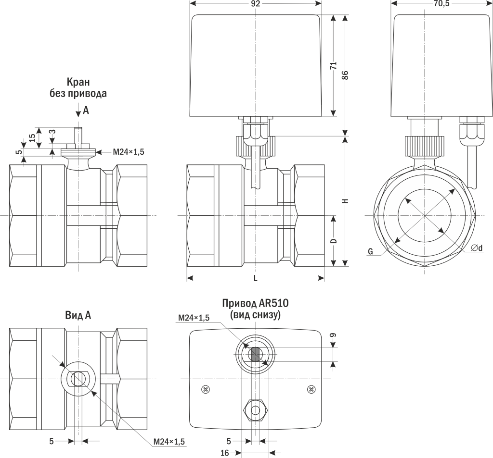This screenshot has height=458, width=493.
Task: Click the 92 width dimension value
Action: click(x=255, y=4)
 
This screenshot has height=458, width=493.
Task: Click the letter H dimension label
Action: click(x=345, y=201)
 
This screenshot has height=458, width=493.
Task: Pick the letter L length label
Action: click(x=255, y=278)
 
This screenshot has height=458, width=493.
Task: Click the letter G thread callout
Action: click(x=370, y=251)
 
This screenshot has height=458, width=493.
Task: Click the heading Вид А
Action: click(x=78, y=315)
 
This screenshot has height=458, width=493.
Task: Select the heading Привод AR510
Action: click(x=255, y=304)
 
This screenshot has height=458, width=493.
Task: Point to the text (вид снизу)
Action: click(x=255, y=315)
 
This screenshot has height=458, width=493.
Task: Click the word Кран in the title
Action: click(x=78, y=82)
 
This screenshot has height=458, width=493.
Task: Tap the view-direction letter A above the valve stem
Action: click(x=86, y=111)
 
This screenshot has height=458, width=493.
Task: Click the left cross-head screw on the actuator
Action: click(x=206, y=388)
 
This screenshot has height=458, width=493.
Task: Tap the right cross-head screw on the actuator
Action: click(x=311, y=388)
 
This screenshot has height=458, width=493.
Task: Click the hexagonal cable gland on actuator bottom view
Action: click(x=255, y=410)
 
